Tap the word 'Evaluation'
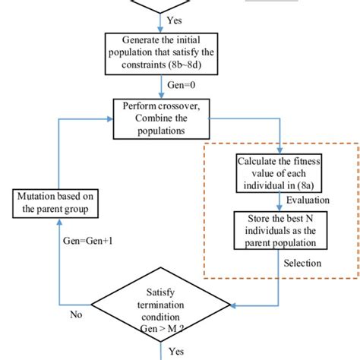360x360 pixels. [x=308, y=201]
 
